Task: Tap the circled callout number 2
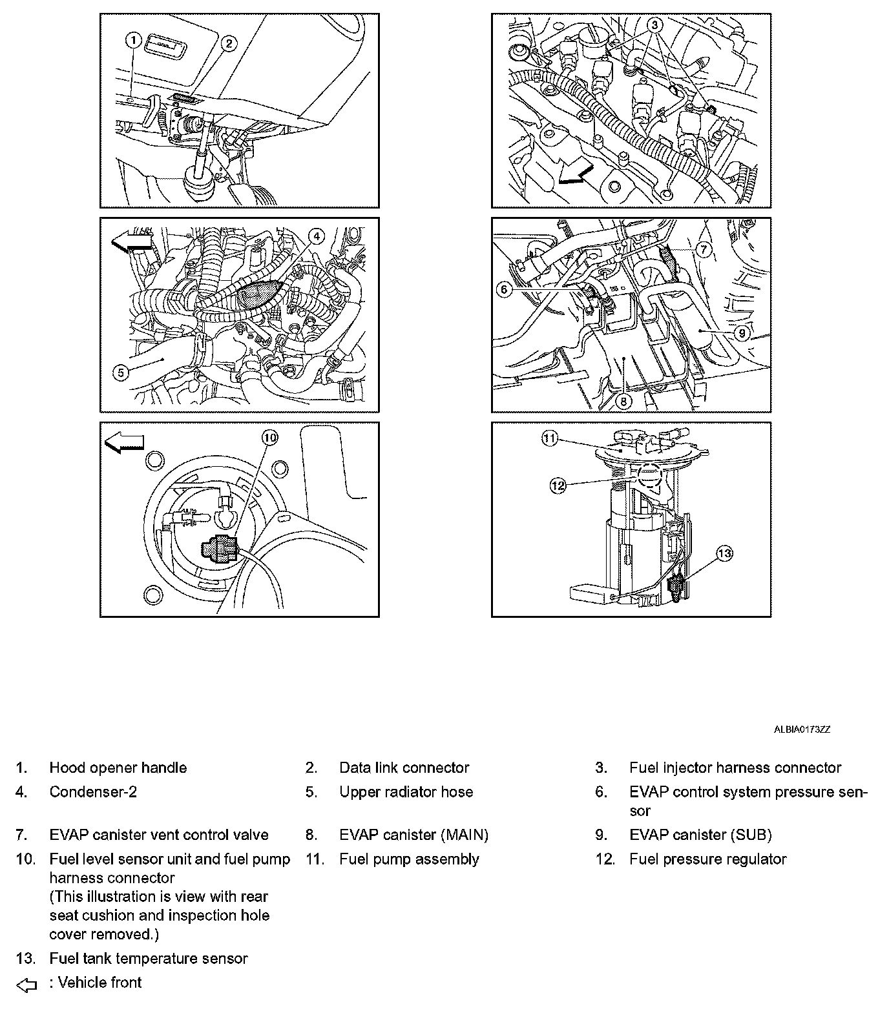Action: [x=228, y=44]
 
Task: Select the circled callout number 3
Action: [x=654, y=25]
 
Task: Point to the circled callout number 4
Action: [x=317, y=236]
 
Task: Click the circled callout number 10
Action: [x=269, y=438]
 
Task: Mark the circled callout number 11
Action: [x=549, y=439]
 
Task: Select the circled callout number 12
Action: [x=558, y=485]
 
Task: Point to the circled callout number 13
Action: [x=724, y=553]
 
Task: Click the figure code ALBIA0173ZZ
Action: [x=802, y=730]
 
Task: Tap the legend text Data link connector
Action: [x=404, y=768]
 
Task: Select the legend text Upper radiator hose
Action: [x=406, y=791]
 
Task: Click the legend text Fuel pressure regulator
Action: [x=707, y=859]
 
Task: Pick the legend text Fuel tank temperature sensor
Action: [x=148, y=958]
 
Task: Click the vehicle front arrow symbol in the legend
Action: [x=26, y=985]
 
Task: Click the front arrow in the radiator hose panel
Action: [x=133, y=243]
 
